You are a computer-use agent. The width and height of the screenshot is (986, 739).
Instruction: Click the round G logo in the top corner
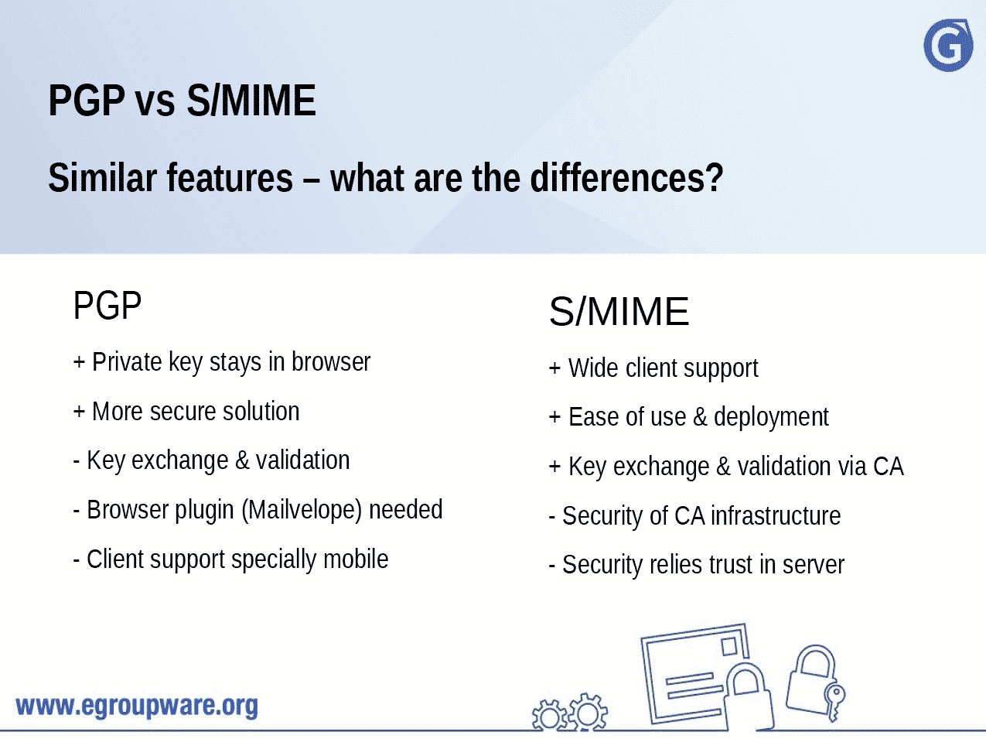click(948, 46)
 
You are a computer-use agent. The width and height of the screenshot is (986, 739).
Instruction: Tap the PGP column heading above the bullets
click(107, 306)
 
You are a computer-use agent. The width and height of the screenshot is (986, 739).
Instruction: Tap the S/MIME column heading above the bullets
click(619, 312)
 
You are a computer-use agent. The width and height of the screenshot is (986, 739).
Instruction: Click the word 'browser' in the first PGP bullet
click(331, 361)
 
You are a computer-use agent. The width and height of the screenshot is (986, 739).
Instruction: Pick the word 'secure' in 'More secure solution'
click(183, 411)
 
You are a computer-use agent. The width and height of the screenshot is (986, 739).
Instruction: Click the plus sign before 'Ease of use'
click(554, 417)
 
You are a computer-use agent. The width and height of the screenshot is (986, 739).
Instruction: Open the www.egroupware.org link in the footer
click(137, 706)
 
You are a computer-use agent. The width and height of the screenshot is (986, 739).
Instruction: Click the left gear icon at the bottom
click(549, 716)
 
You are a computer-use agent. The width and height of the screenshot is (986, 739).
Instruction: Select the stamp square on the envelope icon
click(728, 645)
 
